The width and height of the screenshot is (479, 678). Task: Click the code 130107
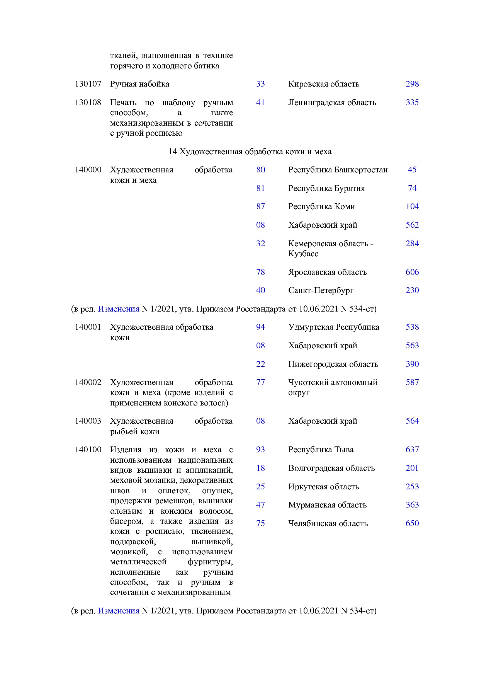pyautogui.click(x=88, y=84)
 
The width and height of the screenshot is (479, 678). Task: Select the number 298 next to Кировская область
pyautogui.click(x=412, y=84)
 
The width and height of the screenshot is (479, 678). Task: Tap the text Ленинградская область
pyautogui.click(x=332, y=102)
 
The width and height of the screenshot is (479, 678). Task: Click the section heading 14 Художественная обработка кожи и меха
pyautogui.click(x=250, y=152)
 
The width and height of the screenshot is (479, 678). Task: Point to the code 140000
pyautogui.click(x=88, y=170)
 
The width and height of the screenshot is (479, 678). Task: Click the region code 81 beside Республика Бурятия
pyautogui.click(x=260, y=188)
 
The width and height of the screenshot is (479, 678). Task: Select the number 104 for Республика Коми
pyautogui.click(x=412, y=206)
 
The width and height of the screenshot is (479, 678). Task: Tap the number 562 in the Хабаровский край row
pyautogui.click(x=412, y=225)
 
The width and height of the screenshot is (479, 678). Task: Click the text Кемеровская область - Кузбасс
pyautogui.click(x=330, y=249)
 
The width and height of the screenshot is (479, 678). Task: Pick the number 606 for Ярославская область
pyautogui.click(x=412, y=272)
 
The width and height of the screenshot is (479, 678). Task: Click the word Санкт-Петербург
pyautogui.click(x=321, y=290)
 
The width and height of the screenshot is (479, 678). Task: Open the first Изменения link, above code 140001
pyautogui.click(x=118, y=309)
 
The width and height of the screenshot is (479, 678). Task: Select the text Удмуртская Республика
pyautogui.click(x=334, y=327)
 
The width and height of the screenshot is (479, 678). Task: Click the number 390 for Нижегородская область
pyautogui.click(x=412, y=364)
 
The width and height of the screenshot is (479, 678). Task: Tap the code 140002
pyautogui.click(x=88, y=382)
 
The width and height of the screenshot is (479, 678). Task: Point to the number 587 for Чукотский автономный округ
pyautogui.click(x=412, y=382)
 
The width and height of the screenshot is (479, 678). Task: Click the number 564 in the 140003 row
pyautogui.click(x=412, y=421)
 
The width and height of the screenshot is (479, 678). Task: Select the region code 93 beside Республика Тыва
pyautogui.click(x=260, y=450)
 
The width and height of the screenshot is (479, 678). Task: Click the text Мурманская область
pyautogui.click(x=327, y=505)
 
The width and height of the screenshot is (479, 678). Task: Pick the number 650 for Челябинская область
pyautogui.click(x=412, y=523)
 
